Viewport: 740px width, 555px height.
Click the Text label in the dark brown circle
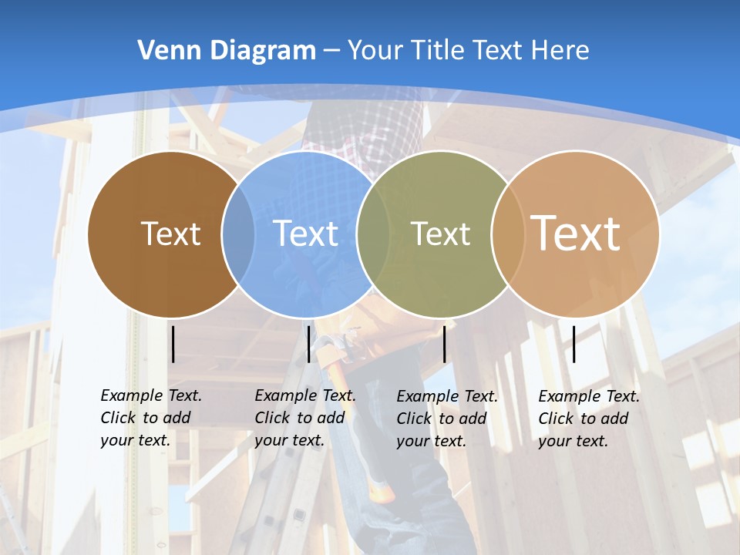point(170,234)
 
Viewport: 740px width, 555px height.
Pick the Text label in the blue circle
point(305,234)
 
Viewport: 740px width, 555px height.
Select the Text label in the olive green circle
point(440,234)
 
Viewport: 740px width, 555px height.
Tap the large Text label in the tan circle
point(575,233)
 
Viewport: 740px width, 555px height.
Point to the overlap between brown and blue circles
point(238,234)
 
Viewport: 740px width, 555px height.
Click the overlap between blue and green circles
point(373,234)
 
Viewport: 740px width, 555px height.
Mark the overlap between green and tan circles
point(505,234)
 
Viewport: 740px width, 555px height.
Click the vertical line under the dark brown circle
point(173,344)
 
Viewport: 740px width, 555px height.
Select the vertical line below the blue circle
point(308,344)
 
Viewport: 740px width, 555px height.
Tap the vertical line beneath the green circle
point(444,344)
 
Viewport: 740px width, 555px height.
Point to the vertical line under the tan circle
point(573,344)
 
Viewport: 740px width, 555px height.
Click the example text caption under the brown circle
point(150,418)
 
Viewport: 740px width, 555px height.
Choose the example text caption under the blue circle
point(304,418)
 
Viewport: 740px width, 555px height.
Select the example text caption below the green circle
point(446,419)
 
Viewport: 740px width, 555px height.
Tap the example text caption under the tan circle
point(588,419)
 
